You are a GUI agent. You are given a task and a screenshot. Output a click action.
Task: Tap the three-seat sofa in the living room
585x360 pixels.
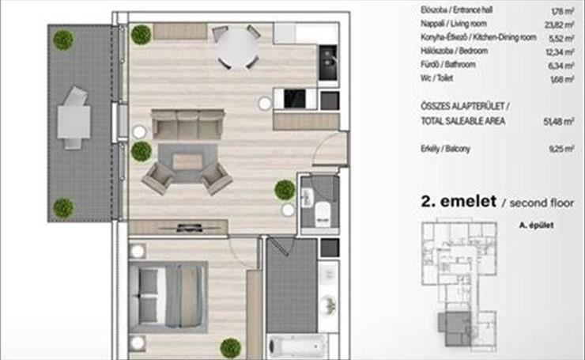click(187, 124)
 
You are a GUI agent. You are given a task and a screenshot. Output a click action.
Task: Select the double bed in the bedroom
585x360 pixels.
click(168, 297)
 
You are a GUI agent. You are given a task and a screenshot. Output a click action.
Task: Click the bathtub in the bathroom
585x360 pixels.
click(297, 346)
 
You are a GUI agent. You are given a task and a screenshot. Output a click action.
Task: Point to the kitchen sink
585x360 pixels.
click(328, 63)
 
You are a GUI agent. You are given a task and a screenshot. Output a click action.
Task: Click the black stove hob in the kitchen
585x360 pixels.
click(295, 99)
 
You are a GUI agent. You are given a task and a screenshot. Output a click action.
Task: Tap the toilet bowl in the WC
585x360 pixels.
click(323, 214)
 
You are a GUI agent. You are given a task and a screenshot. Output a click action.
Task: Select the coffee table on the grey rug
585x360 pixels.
click(187, 161)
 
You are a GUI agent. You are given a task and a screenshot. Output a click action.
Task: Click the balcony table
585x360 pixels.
click(74, 122)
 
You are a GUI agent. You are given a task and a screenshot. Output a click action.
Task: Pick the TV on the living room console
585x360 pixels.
click(190, 227)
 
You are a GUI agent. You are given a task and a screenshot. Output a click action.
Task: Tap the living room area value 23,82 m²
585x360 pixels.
click(559, 25)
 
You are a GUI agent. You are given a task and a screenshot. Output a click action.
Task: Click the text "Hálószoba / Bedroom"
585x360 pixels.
click(454, 51)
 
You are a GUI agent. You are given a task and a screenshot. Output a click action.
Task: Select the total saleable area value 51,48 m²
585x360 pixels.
click(558, 121)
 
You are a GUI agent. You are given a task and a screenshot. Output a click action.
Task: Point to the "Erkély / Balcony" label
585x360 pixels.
click(445, 149)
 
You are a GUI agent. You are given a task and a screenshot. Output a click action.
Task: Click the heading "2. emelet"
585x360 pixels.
click(459, 201)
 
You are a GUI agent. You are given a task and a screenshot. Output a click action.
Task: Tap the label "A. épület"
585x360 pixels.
click(536, 225)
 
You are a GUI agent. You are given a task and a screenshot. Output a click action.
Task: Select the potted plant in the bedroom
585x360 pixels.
click(231, 348)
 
